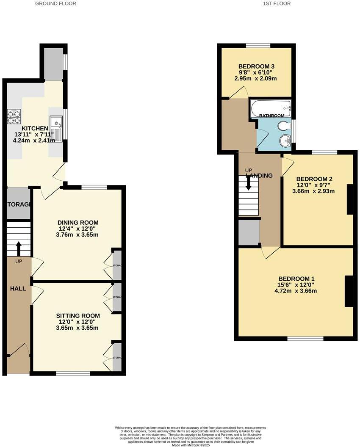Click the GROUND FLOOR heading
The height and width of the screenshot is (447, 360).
[x=55, y=3]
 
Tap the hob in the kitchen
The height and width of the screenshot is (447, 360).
[x=14, y=116]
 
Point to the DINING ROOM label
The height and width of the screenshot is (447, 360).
[x=78, y=223]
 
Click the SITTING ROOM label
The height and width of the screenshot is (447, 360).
[x=78, y=316]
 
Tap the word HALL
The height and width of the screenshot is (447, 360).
[x=18, y=289]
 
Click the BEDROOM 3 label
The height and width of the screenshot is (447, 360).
[x=256, y=66]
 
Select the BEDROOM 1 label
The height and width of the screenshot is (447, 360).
[x=296, y=279]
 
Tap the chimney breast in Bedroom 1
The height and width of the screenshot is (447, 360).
[x=349, y=291]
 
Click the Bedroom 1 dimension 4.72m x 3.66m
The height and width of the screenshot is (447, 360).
[x=296, y=291]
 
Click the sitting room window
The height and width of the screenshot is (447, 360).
[x=73, y=373]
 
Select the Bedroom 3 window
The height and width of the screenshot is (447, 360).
[x=258, y=45]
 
